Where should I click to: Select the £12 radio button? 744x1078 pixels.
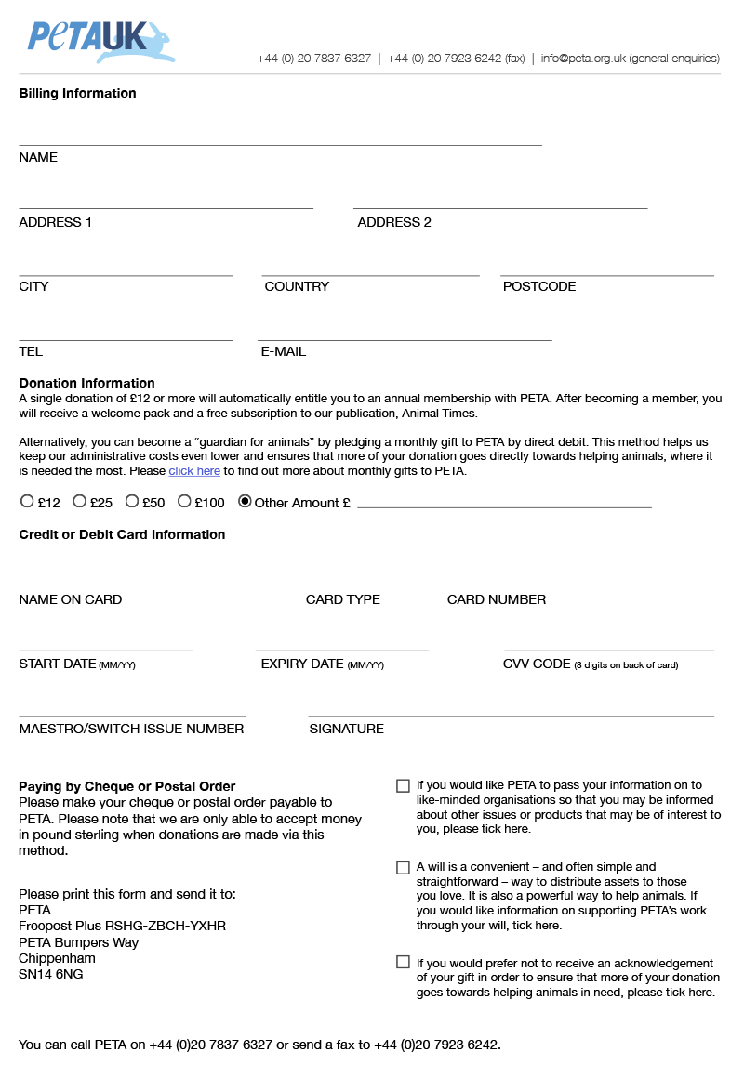[x=27, y=502]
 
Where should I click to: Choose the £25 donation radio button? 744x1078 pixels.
[x=79, y=502]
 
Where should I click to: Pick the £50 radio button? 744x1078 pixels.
[x=132, y=502]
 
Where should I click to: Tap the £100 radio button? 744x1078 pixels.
[x=184, y=502]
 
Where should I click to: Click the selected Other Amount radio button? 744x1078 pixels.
[x=245, y=502]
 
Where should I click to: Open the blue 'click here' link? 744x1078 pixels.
[x=194, y=471]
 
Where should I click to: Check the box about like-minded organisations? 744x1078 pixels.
[x=403, y=786]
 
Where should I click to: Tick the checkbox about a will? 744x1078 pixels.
[x=403, y=868]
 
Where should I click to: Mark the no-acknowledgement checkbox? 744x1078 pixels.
[x=403, y=963]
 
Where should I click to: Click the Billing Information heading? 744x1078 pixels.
[x=77, y=93]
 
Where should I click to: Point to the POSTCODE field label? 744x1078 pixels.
[x=539, y=286]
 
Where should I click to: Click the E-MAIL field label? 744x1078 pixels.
[x=283, y=351]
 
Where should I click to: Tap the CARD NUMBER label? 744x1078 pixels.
[x=497, y=599]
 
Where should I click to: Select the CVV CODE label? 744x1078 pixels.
[x=537, y=664]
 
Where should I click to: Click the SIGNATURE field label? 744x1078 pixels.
[x=346, y=729]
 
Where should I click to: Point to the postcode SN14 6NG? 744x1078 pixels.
[x=50, y=974]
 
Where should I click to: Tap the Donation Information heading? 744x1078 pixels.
[x=86, y=383]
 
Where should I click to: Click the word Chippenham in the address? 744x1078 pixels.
[x=57, y=958]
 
